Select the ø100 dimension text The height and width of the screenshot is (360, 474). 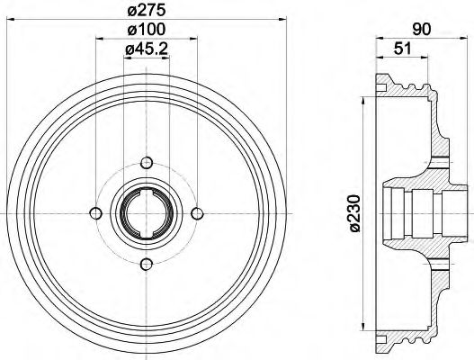[x=146, y=31]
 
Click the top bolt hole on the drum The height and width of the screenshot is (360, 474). [x=147, y=162]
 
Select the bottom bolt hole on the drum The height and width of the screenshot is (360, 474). [x=147, y=263]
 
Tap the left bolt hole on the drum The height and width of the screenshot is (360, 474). [x=95, y=212]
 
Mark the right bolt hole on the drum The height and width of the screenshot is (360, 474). [x=197, y=212]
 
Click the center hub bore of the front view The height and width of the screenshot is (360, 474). [x=147, y=212]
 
